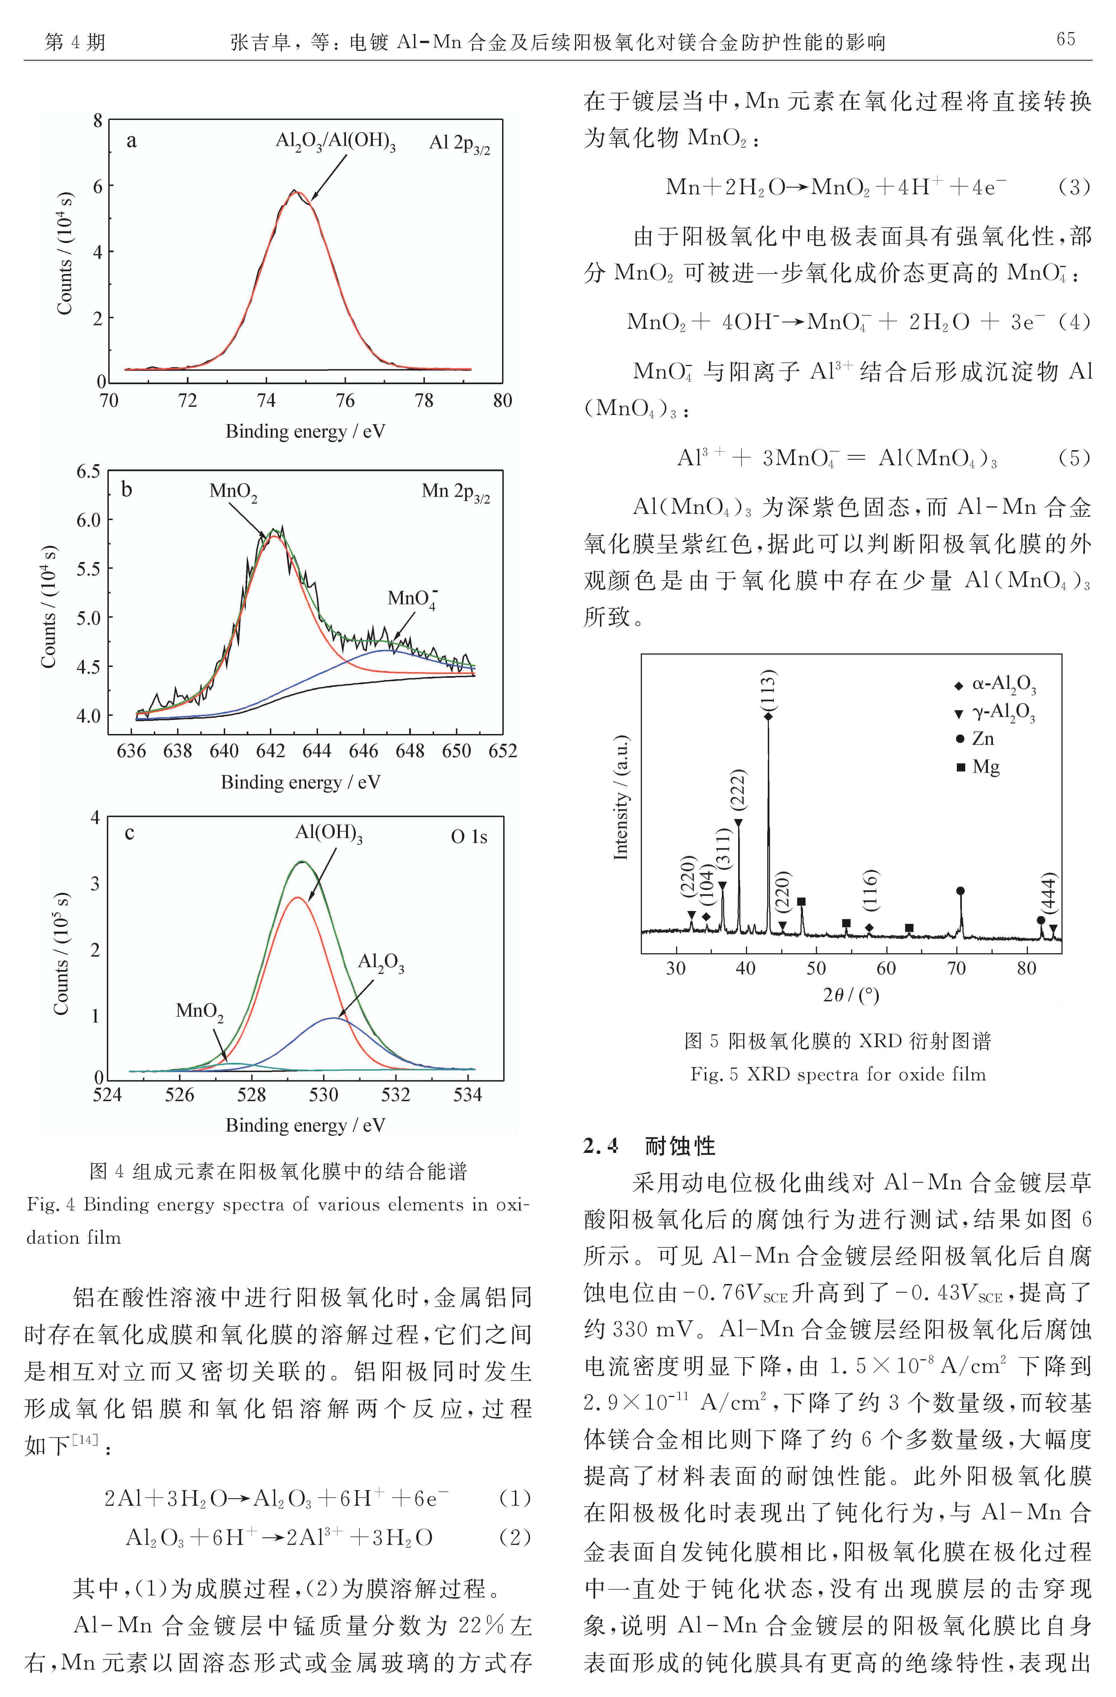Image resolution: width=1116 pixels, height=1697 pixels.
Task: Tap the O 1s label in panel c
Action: [x=469, y=836]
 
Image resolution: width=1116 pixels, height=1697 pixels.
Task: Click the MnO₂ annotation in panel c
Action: [x=200, y=1012]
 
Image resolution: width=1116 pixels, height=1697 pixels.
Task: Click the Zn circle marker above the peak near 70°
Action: [x=960, y=891]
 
